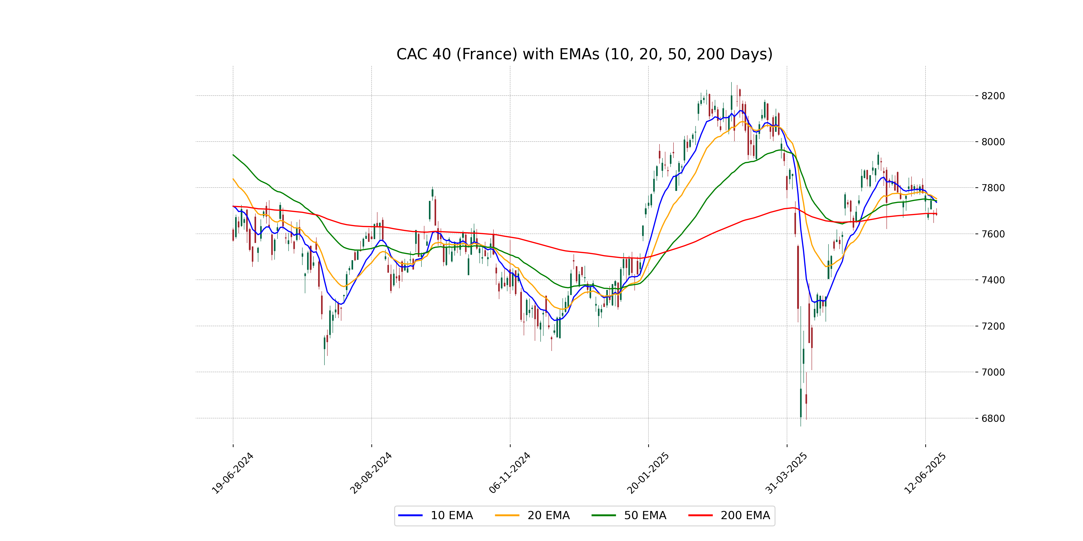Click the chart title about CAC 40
pyautogui.click(x=584, y=54)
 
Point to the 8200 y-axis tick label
pyautogui.click(x=993, y=96)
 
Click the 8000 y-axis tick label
pyautogui.click(x=993, y=142)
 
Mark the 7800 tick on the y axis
pyautogui.click(x=993, y=188)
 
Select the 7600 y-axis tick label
pyautogui.click(x=993, y=234)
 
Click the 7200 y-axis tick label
pyautogui.click(x=993, y=326)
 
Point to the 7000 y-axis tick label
pyautogui.click(x=993, y=372)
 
